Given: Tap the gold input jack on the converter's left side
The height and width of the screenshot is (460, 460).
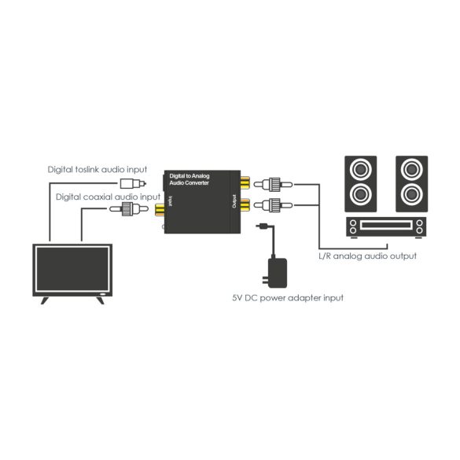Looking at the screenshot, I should tap(160, 209).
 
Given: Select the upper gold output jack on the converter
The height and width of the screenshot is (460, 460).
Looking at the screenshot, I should tap(248, 186).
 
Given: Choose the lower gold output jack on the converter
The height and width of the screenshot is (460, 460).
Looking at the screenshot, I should tap(248, 208).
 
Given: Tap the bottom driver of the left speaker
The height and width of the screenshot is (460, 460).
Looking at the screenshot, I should tap(361, 193).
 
